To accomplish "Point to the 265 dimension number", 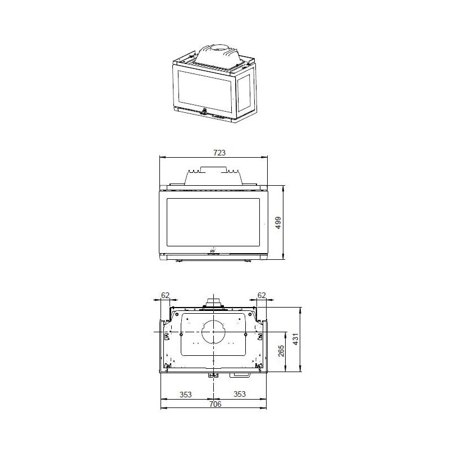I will click(281, 351).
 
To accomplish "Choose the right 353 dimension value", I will click(240, 394).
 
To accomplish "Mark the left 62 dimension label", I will click(165, 295).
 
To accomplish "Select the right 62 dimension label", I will click(262, 295).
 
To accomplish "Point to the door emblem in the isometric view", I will click(205, 109).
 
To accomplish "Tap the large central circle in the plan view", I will click(214, 332).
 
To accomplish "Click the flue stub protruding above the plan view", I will click(214, 303).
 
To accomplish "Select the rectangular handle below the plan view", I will click(242, 374).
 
